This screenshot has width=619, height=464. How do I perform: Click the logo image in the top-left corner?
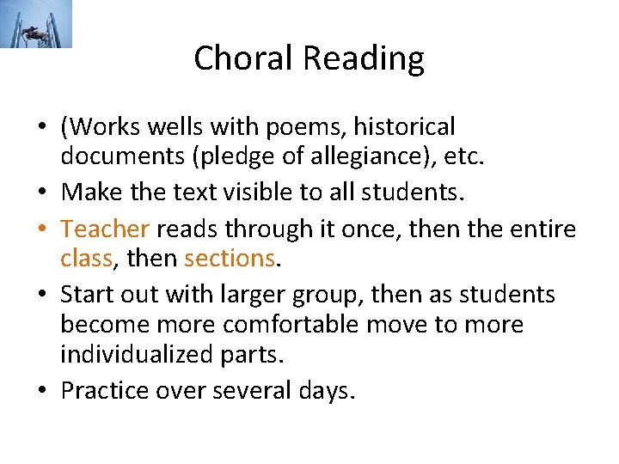[x=37, y=24]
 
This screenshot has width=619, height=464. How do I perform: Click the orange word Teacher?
[x=106, y=229]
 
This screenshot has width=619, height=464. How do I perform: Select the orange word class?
[x=86, y=258]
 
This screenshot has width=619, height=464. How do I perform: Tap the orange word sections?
[x=228, y=258]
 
